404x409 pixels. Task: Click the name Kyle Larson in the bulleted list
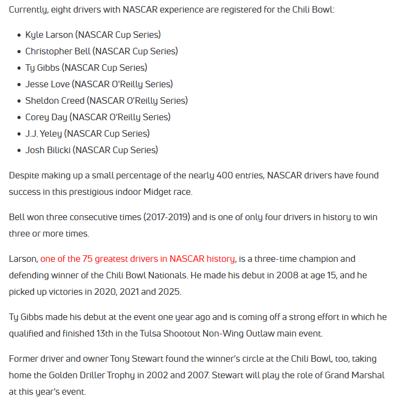pyautogui.click(x=49, y=35)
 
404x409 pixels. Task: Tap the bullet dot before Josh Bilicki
pyautogui.click(x=18, y=150)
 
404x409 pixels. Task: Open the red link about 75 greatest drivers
pyautogui.click(x=138, y=259)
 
